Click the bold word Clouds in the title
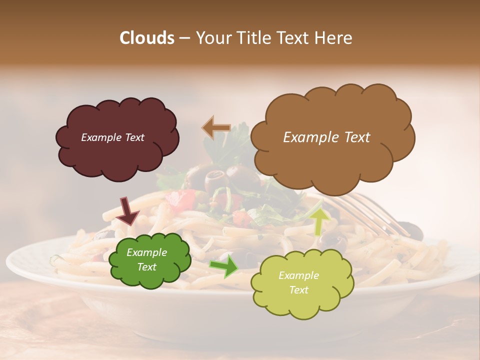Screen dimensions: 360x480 point(146,38)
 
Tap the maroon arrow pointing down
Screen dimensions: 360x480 point(127,211)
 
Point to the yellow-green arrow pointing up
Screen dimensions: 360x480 point(318,221)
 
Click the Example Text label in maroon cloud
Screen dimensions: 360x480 point(112,137)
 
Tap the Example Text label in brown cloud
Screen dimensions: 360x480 point(326,137)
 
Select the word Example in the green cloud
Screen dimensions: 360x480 point(146,252)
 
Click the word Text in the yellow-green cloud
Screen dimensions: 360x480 point(298,290)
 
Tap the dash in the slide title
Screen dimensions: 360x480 point(184,38)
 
